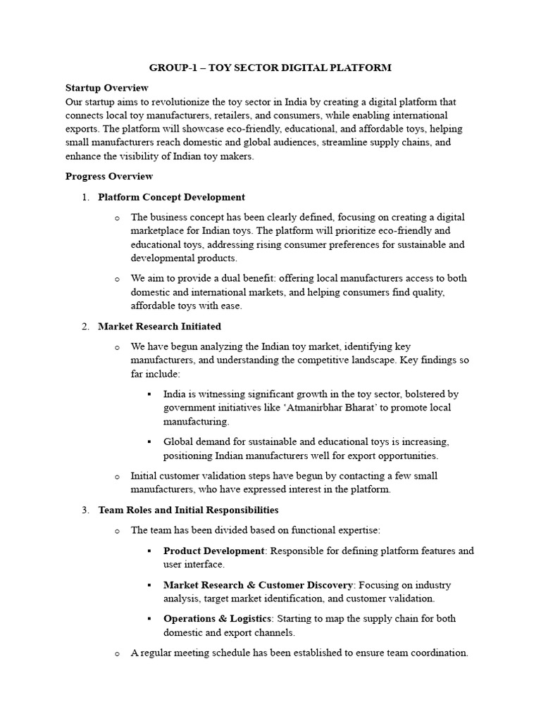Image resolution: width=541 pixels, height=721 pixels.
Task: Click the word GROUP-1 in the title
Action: point(171,68)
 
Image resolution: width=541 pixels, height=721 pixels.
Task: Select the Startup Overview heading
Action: point(106,88)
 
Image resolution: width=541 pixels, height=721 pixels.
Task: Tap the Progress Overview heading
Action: point(108,176)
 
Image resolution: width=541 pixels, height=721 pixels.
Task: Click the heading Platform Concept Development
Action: point(171,197)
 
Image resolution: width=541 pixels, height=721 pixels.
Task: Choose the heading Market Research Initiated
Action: point(159,327)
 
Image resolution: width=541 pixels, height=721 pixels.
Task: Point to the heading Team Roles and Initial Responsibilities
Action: point(188,510)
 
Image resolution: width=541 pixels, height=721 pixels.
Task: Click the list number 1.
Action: point(85,197)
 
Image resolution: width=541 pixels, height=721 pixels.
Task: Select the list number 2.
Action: point(85,327)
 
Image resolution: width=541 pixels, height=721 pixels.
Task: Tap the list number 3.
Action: point(85,510)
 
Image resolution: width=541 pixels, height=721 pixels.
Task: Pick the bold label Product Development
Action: point(214,551)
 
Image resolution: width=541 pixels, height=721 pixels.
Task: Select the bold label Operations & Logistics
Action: point(217,618)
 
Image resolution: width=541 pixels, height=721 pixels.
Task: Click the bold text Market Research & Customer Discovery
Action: point(257,584)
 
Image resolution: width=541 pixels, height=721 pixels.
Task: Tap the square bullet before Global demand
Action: point(149,441)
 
